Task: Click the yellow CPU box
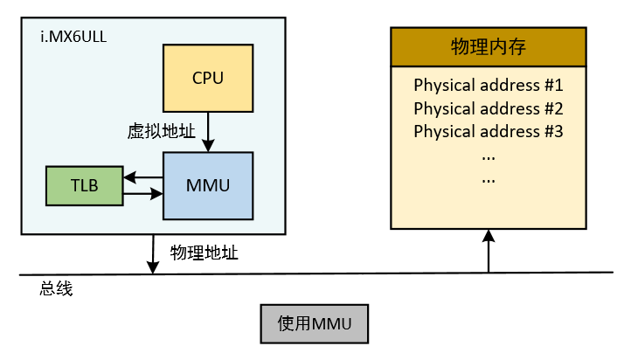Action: pos(208,78)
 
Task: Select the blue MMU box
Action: pos(208,185)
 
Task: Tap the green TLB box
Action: pos(85,185)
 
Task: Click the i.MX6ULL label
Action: pos(68,37)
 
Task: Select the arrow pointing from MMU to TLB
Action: pos(143,179)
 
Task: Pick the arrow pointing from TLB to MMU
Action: pos(143,193)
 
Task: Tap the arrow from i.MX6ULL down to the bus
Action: pos(154,253)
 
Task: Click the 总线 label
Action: pos(56,289)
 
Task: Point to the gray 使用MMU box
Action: pos(315,324)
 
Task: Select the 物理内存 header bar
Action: pos(488,47)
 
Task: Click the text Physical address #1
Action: pos(488,87)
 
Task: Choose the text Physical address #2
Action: pos(488,109)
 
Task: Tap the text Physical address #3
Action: pos(488,132)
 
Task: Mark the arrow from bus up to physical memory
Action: pos(489,251)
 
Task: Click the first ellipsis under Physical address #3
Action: pos(488,156)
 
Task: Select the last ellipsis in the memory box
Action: pos(488,178)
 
